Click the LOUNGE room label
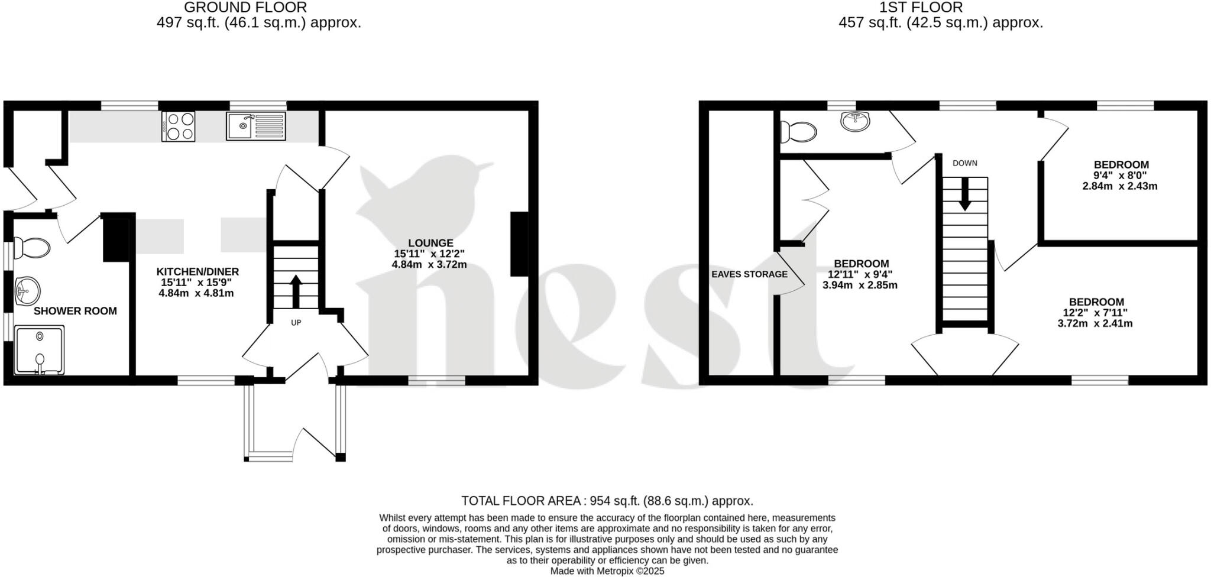tap(430, 243)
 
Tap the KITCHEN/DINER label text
tap(197, 272)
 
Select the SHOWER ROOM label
tap(75, 311)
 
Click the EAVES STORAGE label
tap(749, 274)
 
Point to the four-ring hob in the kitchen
tap(178, 127)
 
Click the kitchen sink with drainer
tap(255, 126)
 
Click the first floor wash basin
tap(855, 121)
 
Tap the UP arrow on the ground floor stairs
tap(296, 291)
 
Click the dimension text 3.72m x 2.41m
tap(1095, 323)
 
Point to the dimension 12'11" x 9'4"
tap(860, 274)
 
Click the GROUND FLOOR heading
tap(245, 8)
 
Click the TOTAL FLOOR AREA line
tap(607, 501)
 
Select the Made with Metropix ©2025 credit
tap(607, 571)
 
